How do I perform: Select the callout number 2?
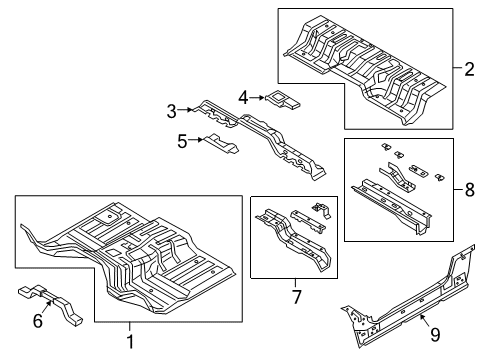468,69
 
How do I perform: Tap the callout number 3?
171,109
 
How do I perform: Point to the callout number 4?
243,97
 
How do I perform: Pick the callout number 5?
182,142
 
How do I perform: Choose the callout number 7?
296,297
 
